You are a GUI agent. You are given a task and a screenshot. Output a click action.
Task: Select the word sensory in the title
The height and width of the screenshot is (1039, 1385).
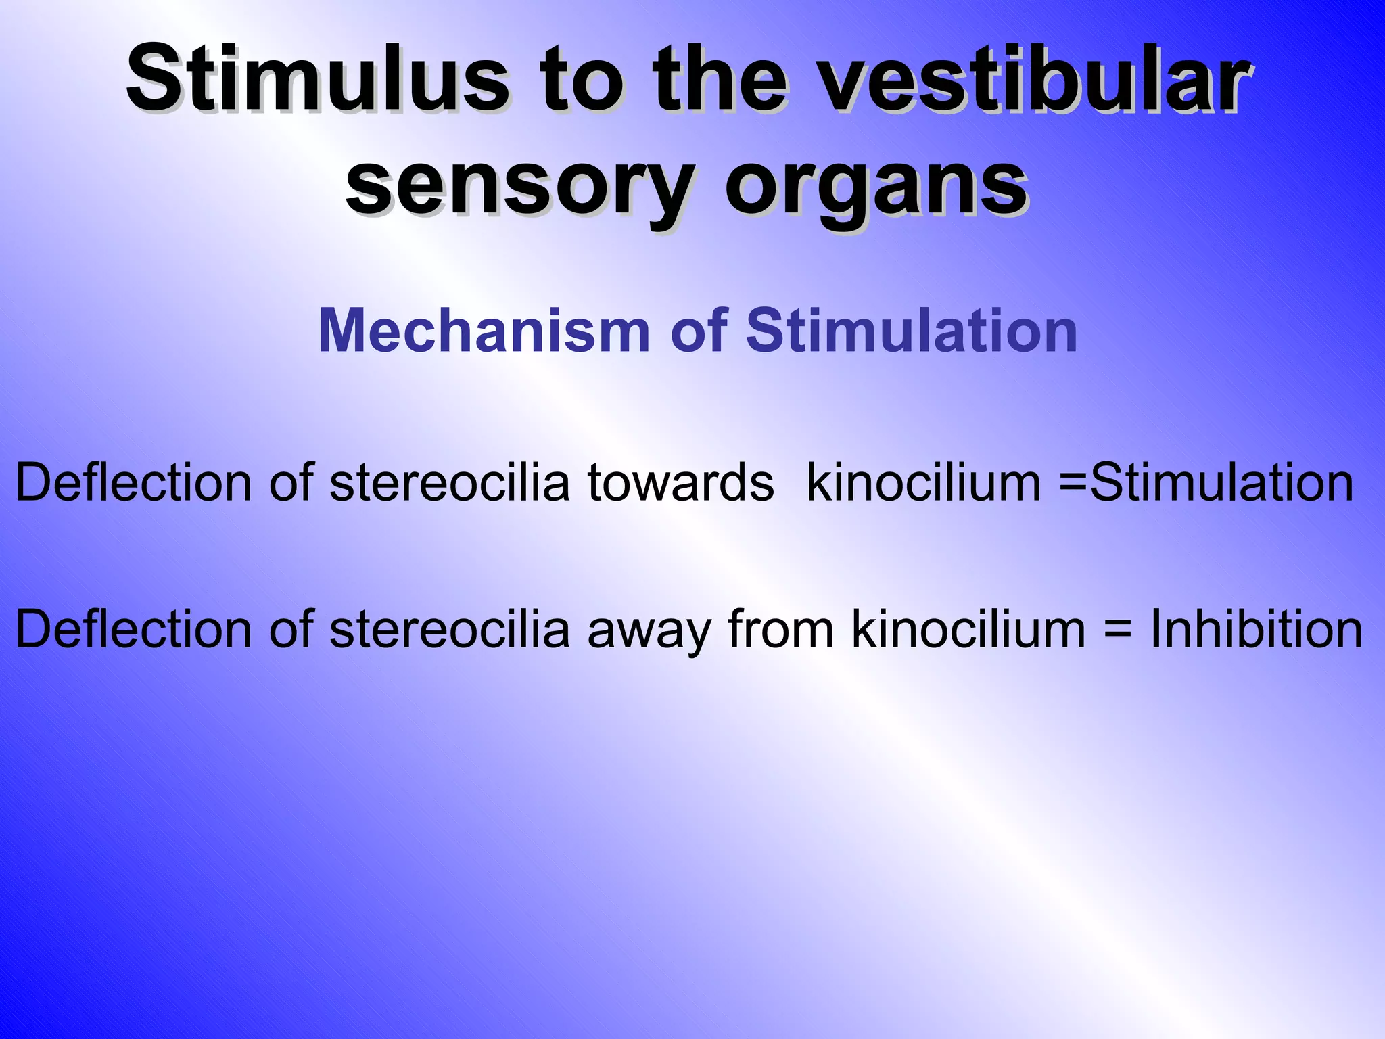pyautogui.click(x=521, y=184)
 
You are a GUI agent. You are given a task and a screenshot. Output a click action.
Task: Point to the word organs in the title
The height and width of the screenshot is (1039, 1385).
pyautogui.click(x=876, y=184)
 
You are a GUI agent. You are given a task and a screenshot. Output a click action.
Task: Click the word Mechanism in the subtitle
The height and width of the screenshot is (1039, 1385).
pyautogui.click(x=484, y=331)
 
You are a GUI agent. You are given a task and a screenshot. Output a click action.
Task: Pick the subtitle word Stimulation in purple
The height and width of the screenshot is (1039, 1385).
pyautogui.click(x=912, y=331)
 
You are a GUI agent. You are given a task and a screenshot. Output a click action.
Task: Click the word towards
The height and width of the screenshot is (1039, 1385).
pyautogui.click(x=680, y=483)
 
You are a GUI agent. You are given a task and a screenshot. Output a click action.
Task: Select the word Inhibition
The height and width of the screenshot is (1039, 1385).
pyautogui.click(x=1257, y=629)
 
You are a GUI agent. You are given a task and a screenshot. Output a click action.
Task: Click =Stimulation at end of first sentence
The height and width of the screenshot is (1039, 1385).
pyautogui.click(x=1207, y=483)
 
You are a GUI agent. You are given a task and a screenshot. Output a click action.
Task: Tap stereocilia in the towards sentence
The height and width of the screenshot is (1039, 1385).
pyautogui.click(x=450, y=483)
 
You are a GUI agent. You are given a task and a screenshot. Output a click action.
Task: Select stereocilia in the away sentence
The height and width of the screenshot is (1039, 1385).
pyautogui.click(x=450, y=629)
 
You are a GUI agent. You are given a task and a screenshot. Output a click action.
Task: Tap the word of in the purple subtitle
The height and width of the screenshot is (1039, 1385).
pyautogui.click(x=699, y=331)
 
